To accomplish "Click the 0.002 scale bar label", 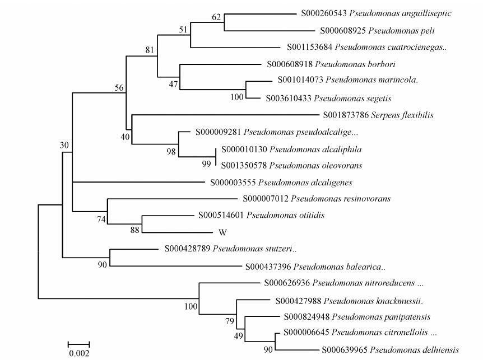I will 78,353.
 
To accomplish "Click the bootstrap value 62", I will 216,17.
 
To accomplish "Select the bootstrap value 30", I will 64,146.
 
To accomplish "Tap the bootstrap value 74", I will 101,219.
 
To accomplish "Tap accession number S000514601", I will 221,215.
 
